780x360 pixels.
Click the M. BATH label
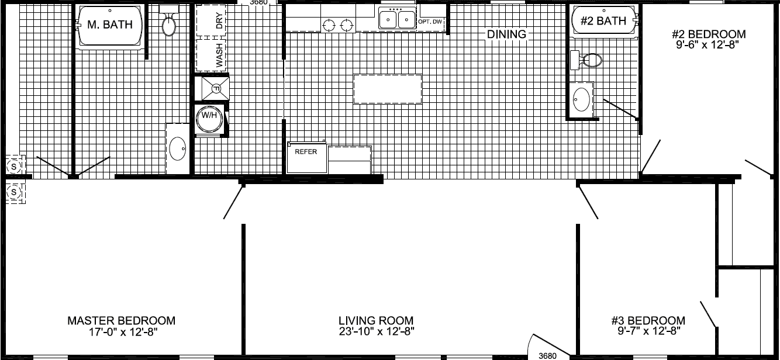pyautogui.click(x=110, y=25)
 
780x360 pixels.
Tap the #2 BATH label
pyautogui.click(x=603, y=22)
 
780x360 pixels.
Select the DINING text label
pyautogui.click(x=506, y=34)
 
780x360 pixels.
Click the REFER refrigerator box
pyautogui.click(x=306, y=157)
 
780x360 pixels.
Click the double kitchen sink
pyautogui.click(x=397, y=20)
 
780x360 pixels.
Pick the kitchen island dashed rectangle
pyautogui.click(x=388, y=89)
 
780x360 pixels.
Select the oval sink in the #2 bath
pyautogui.click(x=582, y=99)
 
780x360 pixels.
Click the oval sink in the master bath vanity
pyautogui.click(x=178, y=149)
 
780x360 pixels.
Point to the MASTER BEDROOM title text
pyautogui.click(x=121, y=321)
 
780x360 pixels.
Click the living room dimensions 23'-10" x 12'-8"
pyautogui.click(x=376, y=332)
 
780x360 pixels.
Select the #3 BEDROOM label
pyautogui.click(x=648, y=321)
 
